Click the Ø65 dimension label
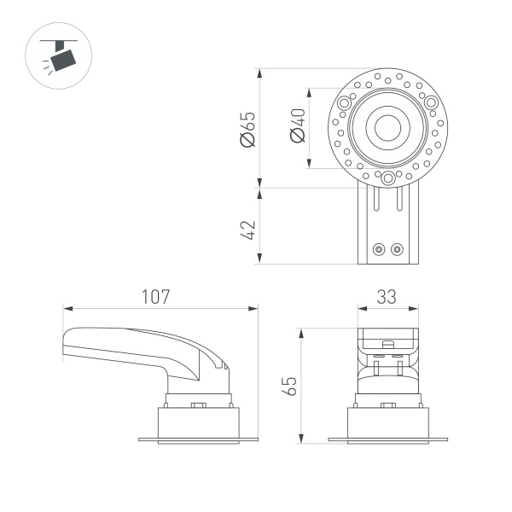248,128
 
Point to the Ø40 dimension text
297,126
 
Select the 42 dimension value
248,230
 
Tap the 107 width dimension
155,297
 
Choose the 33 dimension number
387,297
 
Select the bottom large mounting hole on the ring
387,177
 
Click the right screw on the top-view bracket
396,249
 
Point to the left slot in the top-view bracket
375,200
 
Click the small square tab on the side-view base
199,405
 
